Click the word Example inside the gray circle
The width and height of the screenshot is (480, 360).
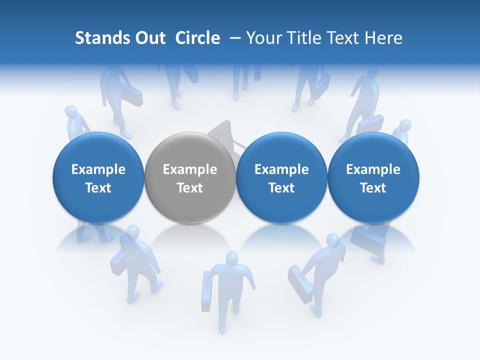[190, 169]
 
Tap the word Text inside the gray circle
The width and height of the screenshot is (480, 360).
[190, 188]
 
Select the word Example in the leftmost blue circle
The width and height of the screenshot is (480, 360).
[98, 169]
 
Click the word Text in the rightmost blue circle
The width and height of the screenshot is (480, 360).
[373, 188]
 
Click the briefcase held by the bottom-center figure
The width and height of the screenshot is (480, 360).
[206, 292]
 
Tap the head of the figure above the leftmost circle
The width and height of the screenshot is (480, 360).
[72, 112]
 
